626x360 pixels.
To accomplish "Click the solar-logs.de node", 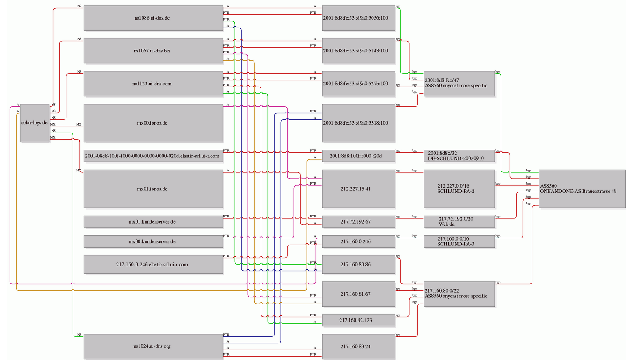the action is (35, 123).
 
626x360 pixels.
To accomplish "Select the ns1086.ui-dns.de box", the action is (153, 18).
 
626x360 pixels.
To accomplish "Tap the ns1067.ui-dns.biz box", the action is (153, 51).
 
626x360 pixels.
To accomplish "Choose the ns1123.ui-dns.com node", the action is (153, 84).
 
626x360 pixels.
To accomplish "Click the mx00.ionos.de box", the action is (153, 123).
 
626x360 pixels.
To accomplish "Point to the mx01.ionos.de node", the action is (153, 189).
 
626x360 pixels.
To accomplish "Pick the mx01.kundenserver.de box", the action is (153, 221).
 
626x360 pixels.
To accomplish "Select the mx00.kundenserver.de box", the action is (153, 241).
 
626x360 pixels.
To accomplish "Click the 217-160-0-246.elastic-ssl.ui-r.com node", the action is (153, 264).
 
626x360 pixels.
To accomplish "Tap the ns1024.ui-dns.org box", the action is (153, 346).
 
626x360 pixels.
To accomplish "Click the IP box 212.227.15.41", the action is (358, 189).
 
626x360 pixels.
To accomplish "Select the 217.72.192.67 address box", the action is (358, 221).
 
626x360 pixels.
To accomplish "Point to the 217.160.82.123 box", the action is (358, 320).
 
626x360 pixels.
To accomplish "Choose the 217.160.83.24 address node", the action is (358, 346).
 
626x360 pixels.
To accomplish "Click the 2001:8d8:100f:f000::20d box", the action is (358, 156).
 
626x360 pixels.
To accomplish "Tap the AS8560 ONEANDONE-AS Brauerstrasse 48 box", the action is (582, 189).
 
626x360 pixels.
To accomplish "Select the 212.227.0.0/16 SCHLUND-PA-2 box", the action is (459, 189).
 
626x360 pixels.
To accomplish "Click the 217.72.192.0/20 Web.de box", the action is (459, 221).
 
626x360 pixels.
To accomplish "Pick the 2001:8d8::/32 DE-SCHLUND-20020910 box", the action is (459, 156).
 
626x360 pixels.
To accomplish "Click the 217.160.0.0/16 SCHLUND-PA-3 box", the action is (459, 241).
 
